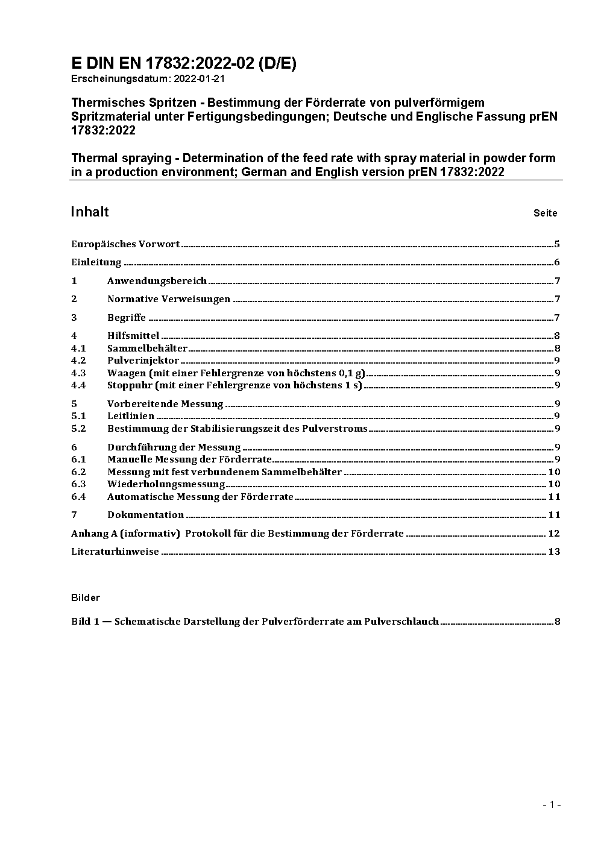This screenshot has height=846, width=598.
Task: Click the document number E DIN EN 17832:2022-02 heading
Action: tap(183, 64)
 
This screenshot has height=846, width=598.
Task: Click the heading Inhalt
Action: tap(90, 212)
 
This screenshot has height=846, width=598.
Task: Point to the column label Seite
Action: tap(545, 213)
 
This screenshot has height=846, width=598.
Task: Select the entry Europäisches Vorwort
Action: tap(125, 244)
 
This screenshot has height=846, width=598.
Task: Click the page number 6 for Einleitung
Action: tap(557, 262)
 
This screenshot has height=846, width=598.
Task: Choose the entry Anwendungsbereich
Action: tap(157, 281)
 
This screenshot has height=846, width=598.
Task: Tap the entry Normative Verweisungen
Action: tap(169, 299)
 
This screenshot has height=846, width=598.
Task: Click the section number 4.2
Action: tap(78, 361)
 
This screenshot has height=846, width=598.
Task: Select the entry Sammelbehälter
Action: tap(147, 349)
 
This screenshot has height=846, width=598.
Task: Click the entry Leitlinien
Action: tap(131, 416)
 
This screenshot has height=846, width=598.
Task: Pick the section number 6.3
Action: tap(78, 484)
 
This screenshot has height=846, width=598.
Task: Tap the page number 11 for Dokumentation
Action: tap(554, 515)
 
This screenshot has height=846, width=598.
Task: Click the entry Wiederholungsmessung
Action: tap(166, 484)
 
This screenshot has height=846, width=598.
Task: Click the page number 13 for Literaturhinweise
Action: tap(554, 552)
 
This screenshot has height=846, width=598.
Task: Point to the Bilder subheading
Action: tap(86, 598)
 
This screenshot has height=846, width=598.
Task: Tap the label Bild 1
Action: tap(85, 622)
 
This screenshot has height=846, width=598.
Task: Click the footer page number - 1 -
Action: tap(552, 804)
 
